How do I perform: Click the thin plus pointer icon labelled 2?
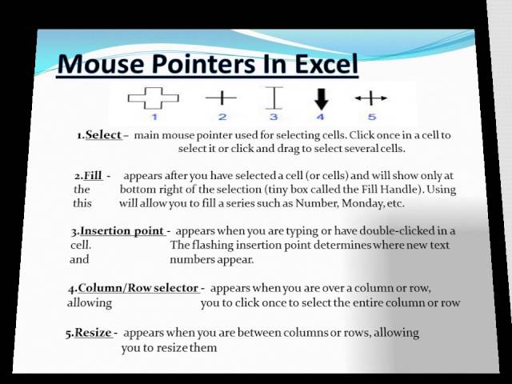pyautogui.click(x=221, y=98)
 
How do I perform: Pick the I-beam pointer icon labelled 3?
pyautogui.click(x=274, y=98)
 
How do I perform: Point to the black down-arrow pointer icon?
pyautogui.click(x=322, y=99)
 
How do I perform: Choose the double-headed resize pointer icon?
pyautogui.click(x=371, y=98)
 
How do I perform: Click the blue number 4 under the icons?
pyautogui.click(x=320, y=117)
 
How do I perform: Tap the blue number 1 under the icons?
pyautogui.click(x=154, y=117)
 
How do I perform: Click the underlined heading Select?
pyautogui.click(x=103, y=135)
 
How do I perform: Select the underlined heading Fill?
pyautogui.click(x=93, y=176)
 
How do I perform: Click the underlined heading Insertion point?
pyautogui.click(x=122, y=231)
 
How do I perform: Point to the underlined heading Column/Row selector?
pyautogui.click(x=138, y=288)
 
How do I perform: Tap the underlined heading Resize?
pyautogui.click(x=94, y=333)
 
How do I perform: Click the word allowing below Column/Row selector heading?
pyautogui.click(x=90, y=302)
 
